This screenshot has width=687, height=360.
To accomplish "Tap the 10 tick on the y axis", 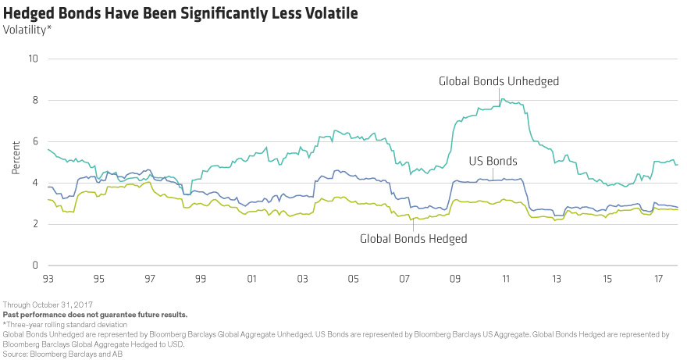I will coord(34,59).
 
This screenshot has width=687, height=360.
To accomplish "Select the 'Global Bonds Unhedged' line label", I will coord(499,80).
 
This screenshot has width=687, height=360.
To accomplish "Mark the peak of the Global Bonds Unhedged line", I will coord(504,99).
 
